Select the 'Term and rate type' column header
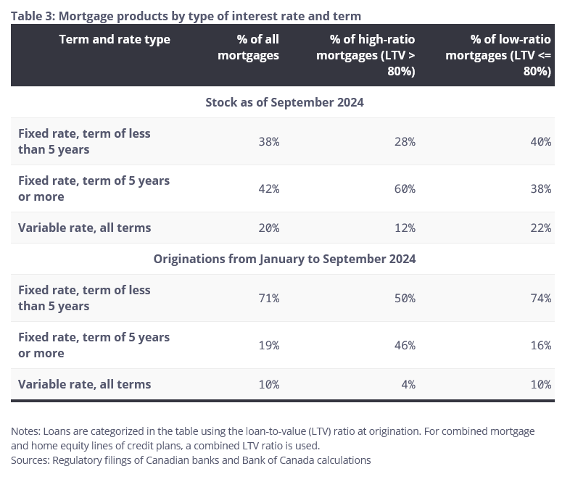point(115,39)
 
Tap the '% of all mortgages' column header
point(248,47)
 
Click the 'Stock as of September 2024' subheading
point(284,102)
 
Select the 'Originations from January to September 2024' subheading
point(284,259)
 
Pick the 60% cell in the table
point(405,188)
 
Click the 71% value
point(268,298)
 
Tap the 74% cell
point(540,298)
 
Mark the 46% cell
point(405,345)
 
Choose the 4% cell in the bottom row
point(408,384)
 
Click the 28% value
point(405,141)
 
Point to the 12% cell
point(405,228)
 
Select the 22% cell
point(540,228)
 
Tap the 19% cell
point(268,345)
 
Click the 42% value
point(268,188)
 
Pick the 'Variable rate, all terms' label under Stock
point(84,228)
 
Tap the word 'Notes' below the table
point(25,431)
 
